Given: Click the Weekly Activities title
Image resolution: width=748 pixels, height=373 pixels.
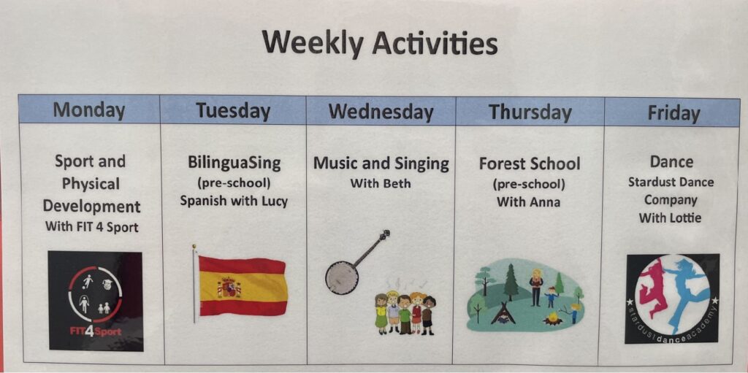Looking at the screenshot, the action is [380, 44].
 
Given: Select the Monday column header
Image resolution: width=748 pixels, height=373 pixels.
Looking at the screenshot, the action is [89, 109].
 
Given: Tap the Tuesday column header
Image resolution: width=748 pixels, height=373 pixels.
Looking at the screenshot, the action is [233, 111].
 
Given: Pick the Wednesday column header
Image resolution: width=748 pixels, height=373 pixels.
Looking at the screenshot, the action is [381, 112].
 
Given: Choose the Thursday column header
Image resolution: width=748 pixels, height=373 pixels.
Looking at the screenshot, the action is [530, 112].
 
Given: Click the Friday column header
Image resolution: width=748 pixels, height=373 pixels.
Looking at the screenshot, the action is [673, 113].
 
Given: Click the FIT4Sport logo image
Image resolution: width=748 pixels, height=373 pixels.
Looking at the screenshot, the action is [96, 301].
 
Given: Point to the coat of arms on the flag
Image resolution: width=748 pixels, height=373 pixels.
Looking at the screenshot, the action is [229, 287].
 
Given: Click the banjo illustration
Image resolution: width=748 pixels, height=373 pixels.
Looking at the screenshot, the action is [356, 262].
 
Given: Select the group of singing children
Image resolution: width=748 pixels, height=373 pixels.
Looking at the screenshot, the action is [405, 312].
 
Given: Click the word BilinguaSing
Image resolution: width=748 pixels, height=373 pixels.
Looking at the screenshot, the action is [234, 163].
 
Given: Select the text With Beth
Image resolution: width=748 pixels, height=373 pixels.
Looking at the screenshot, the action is [380, 183].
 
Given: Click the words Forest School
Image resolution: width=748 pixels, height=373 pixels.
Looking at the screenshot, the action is [530, 164].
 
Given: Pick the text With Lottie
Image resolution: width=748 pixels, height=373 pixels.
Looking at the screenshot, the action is [671, 218].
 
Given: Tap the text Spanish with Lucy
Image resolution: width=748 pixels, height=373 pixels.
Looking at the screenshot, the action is [234, 201].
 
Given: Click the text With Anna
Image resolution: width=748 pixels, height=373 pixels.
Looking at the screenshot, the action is [529, 202].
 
